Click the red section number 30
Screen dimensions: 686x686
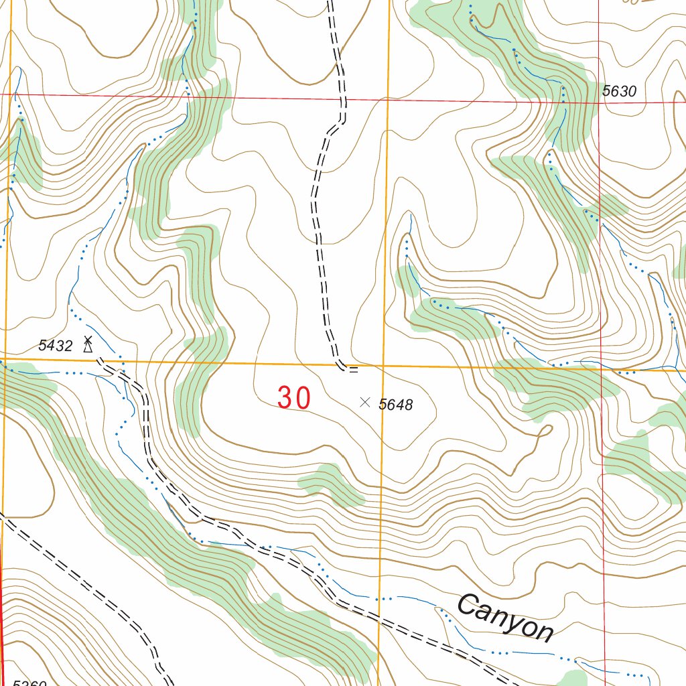click(x=294, y=398)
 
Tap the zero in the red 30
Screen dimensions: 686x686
click(x=303, y=398)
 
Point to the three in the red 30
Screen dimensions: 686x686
click(x=285, y=398)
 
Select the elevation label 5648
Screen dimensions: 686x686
click(x=396, y=405)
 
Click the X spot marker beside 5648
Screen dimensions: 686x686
click(x=365, y=402)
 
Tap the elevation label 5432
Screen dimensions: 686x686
click(x=55, y=346)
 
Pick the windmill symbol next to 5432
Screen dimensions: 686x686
click(x=88, y=344)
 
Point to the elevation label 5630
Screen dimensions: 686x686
click(x=618, y=91)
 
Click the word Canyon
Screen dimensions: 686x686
click(x=506, y=617)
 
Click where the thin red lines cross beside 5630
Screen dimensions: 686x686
click(x=599, y=102)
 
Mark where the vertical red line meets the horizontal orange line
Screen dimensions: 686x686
click(x=600, y=369)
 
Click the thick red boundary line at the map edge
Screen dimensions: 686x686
click(x=2, y=603)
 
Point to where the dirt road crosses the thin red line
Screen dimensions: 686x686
click(x=344, y=99)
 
